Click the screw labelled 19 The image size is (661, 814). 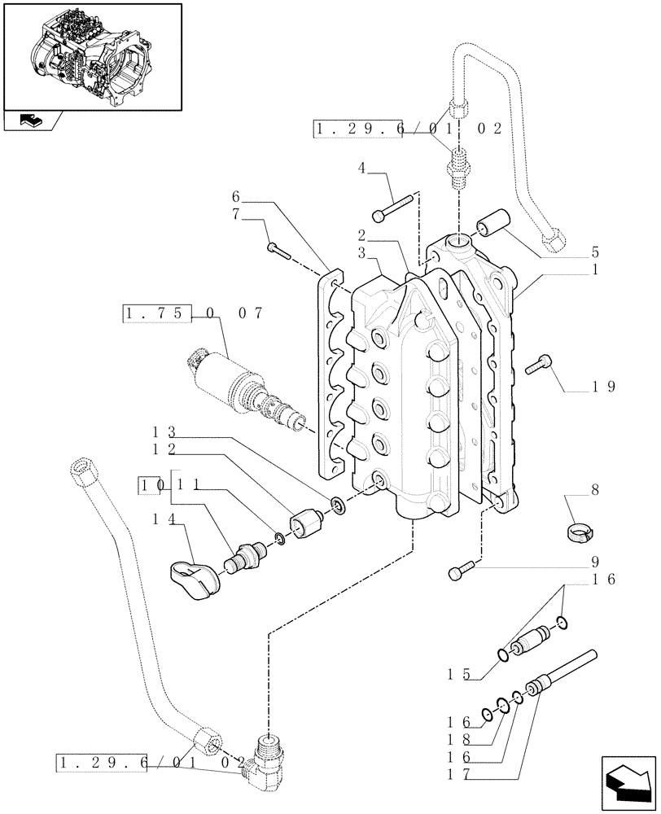point(541,367)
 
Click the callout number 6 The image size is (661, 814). point(235,196)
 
